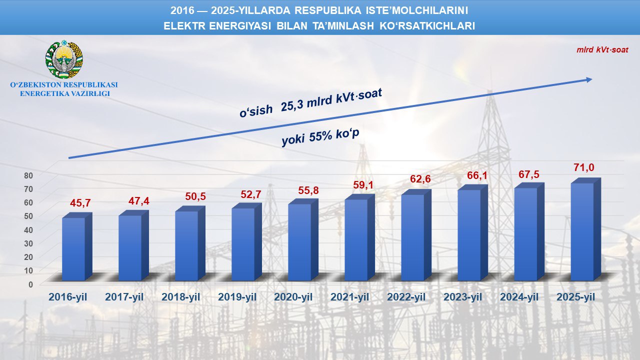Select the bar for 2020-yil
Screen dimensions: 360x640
click(299, 242)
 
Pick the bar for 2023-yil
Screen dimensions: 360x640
click(469, 234)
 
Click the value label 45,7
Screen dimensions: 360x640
click(80, 203)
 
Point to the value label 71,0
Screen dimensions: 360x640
click(583, 167)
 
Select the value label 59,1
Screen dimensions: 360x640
click(363, 185)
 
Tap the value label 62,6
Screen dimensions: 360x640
click(420, 179)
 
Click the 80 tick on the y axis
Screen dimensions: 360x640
click(29, 175)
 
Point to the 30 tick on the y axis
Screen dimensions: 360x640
click(29, 243)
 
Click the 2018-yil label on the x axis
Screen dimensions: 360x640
click(180, 297)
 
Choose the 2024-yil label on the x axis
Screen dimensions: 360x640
click(519, 297)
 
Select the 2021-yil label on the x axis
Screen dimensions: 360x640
click(350, 297)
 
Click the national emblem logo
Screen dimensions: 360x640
click(64, 59)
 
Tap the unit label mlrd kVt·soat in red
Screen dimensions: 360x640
click(602, 50)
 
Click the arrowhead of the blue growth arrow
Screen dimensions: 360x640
click(589, 79)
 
